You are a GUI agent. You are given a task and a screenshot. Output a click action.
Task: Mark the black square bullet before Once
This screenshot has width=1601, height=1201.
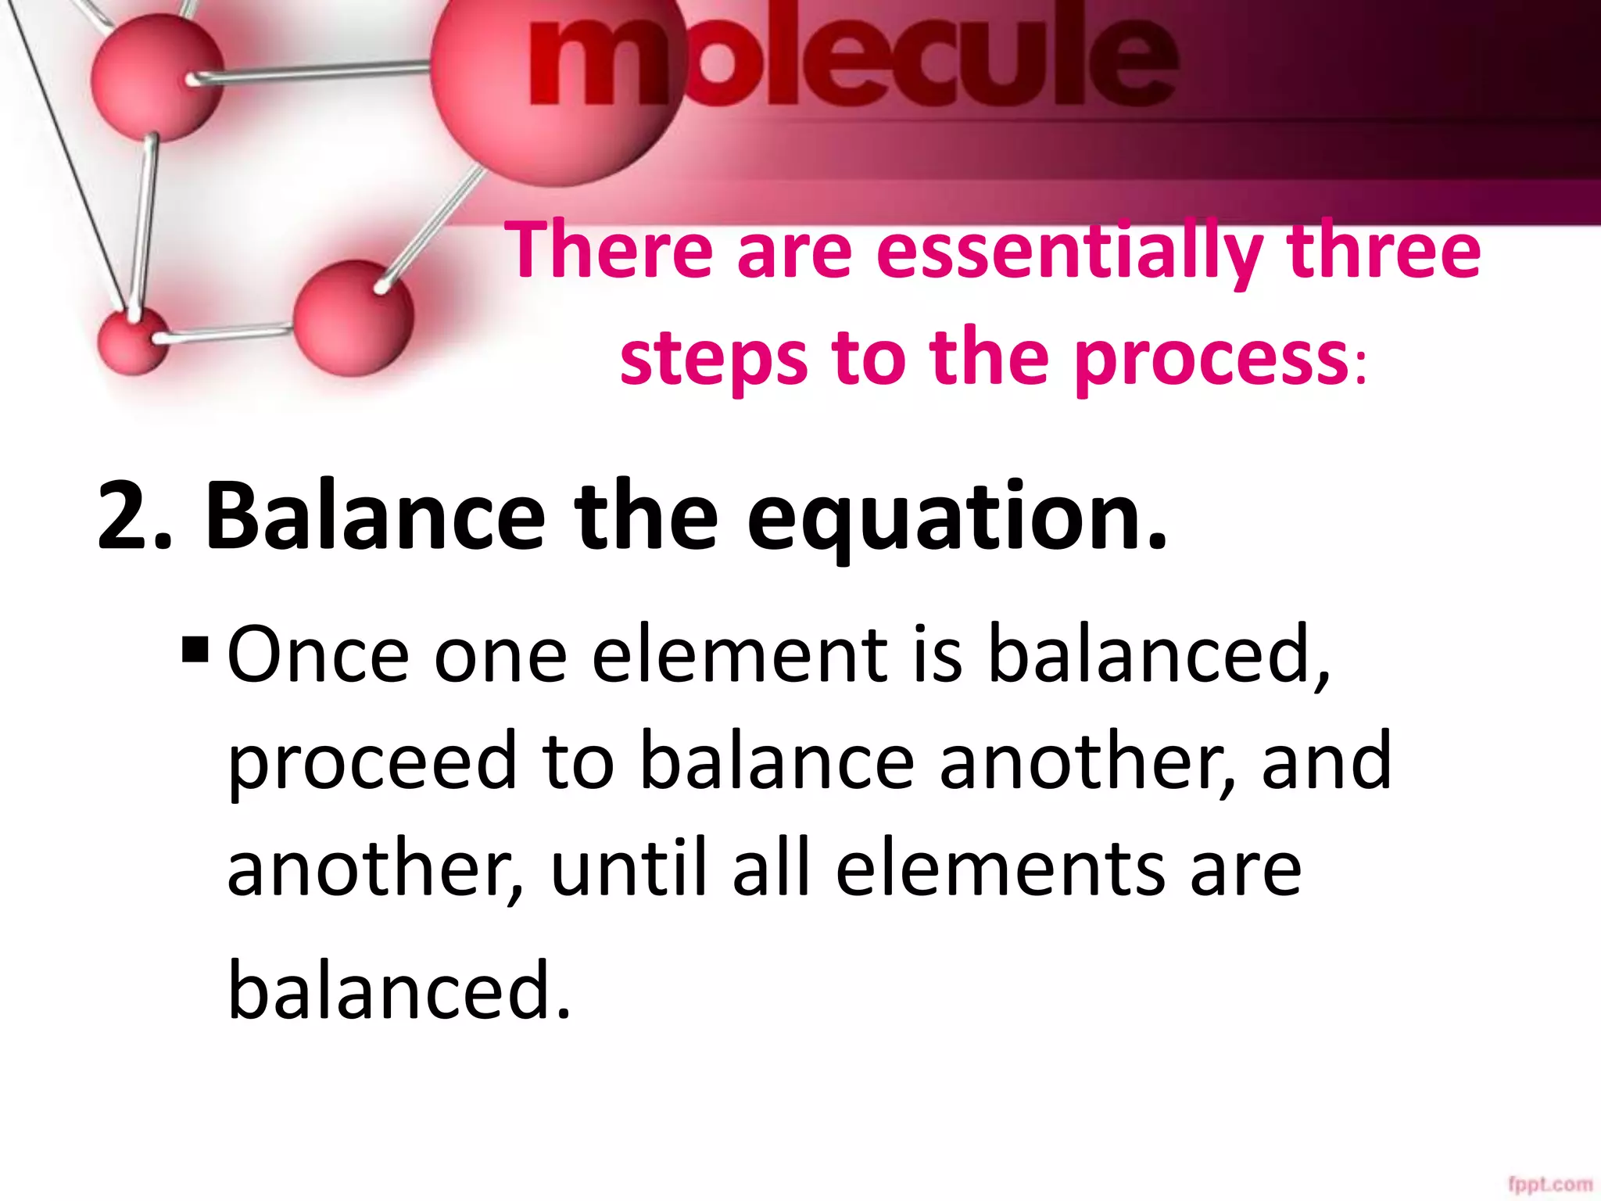point(195,649)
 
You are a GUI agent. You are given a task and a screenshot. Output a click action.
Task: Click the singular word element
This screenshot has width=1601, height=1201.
point(740,655)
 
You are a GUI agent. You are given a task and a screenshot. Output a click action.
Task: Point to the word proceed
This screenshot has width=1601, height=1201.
point(372,762)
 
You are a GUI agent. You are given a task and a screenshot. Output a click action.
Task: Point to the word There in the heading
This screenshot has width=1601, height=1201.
point(610,250)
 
